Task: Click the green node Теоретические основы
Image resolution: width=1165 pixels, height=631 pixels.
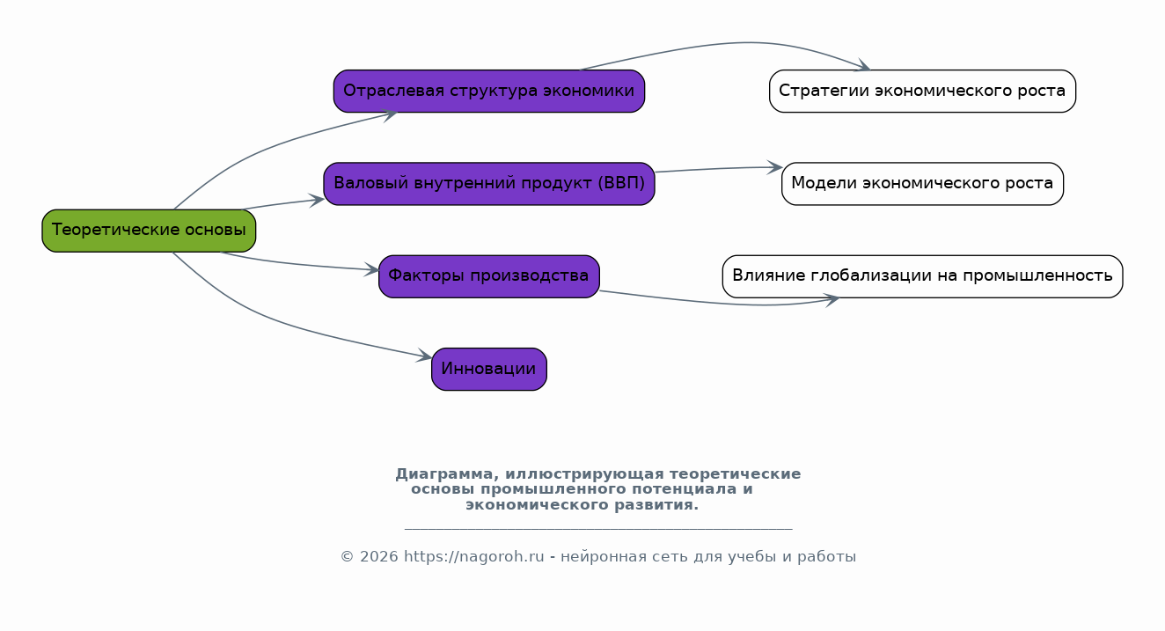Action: click(x=149, y=231)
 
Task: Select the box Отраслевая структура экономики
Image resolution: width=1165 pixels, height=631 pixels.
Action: click(x=488, y=91)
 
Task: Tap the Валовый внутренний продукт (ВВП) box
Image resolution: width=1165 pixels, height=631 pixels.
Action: click(x=488, y=184)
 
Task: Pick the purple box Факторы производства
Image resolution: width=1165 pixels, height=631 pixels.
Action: click(x=488, y=276)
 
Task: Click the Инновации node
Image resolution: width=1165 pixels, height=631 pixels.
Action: click(x=488, y=369)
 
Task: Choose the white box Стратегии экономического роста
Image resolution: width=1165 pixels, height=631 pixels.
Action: click(x=922, y=91)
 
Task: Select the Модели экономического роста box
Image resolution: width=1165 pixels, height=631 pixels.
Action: click(x=922, y=184)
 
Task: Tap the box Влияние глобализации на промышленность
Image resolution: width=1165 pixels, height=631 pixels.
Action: click(x=922, y=276)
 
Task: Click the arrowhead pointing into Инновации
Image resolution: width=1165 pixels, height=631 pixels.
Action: click(x=425, y=356)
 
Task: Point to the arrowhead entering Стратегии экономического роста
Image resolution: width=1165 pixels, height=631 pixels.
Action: click(x=863, y=66)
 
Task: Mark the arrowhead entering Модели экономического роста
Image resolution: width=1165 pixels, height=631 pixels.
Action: click(x=775, y=167)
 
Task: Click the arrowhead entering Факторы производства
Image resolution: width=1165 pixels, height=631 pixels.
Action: click(x=372, y=269)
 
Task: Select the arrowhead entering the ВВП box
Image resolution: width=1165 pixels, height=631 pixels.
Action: click(x=318, y=200)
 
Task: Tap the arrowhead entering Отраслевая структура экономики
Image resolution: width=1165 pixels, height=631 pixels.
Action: click(x=391, y=113)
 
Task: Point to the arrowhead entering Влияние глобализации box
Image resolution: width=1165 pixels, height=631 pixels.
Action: click(x=832, y=300)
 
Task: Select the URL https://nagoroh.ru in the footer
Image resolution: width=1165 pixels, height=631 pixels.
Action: click(x=474, y=557)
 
